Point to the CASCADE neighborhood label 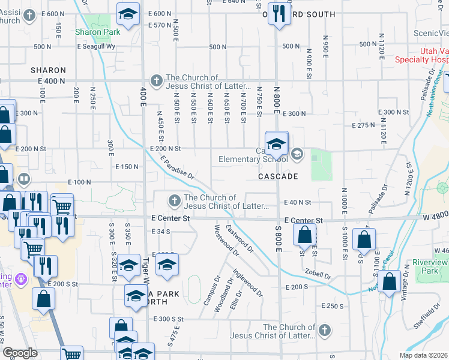pyautogui.click(x=278, y=177)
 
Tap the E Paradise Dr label pyautogui.click(x=178, y=167)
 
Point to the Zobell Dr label pyautogui.click(x=318, y=272)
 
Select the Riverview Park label pyautogui.click(x=430, y=267)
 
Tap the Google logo pyautogui.click(x=20, y=353)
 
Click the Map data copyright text pyautogui.click(x=424, y=355)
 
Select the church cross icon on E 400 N pyautogui.click(x=155, y=79)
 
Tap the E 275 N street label pyautogui.click(x=366, y=125)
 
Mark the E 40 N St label pyautogui.click(x=298, y=203)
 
